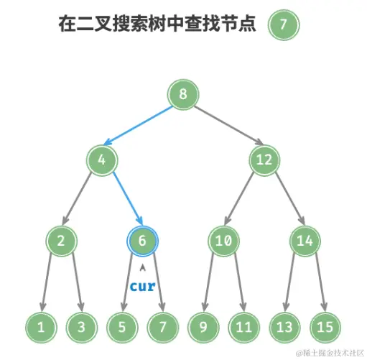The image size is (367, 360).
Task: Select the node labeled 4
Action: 103,160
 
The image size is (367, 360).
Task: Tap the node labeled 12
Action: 264,160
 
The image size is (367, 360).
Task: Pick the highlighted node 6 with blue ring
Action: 142,241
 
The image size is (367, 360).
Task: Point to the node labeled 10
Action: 223,241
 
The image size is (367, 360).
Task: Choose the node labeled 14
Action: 305,241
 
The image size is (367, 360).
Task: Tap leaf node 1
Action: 42,327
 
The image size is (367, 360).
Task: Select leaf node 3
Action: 82,327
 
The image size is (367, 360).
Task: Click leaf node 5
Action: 122,327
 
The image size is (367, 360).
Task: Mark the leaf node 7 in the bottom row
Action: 162,327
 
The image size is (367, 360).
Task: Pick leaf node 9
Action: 203,327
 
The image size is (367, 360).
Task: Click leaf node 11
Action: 243,327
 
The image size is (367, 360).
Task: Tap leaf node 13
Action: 284,327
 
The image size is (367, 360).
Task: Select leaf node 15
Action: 325,327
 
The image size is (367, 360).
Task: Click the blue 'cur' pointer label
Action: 142,285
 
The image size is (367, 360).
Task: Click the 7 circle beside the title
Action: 283,24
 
